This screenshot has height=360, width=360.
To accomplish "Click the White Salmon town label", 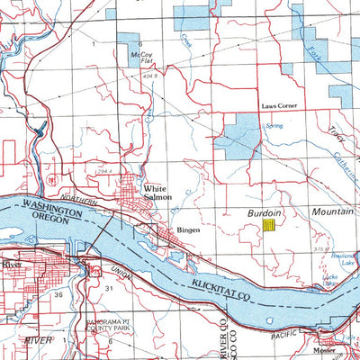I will (x=158, y=193).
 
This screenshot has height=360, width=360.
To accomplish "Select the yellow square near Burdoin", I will (x=268, y=226).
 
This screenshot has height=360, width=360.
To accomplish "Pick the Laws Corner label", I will (x=278, y=105).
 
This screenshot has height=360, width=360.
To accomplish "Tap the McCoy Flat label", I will (x=141, y=57).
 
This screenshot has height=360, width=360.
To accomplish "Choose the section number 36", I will (x=58, y=294).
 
